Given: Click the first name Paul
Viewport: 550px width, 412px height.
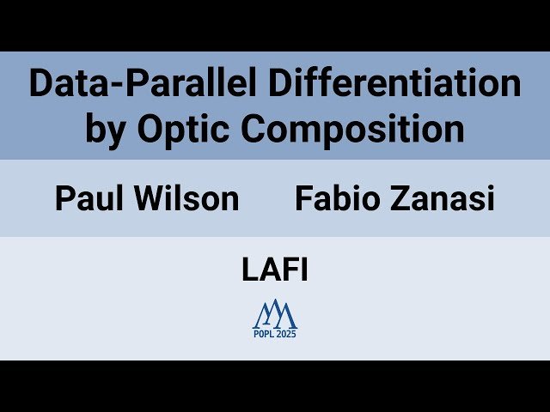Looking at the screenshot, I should click(x=87, y=199).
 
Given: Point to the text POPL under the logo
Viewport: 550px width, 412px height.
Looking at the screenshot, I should click(x=264, y=334).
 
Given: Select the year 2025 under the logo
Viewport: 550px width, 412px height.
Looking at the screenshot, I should click(x=286, y=334).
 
